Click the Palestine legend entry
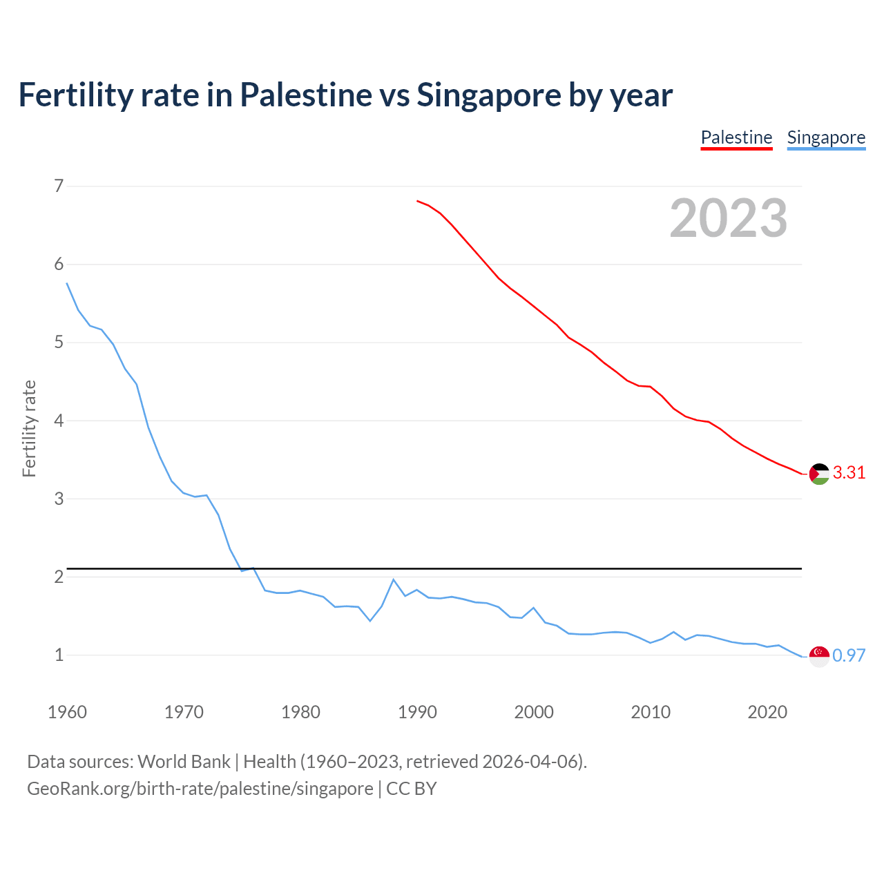736,137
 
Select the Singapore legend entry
826,137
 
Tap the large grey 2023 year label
729,218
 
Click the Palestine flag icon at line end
819,474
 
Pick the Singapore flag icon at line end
819,656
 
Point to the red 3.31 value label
849,473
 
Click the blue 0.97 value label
849,656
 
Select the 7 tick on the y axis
59,186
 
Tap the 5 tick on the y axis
59,343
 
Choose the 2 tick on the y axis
59,577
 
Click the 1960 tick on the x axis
67,712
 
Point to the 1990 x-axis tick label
417,712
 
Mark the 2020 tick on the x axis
767,712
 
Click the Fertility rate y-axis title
29,428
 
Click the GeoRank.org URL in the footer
200,789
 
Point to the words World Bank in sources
184,762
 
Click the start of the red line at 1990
417,201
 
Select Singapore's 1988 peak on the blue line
394,579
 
